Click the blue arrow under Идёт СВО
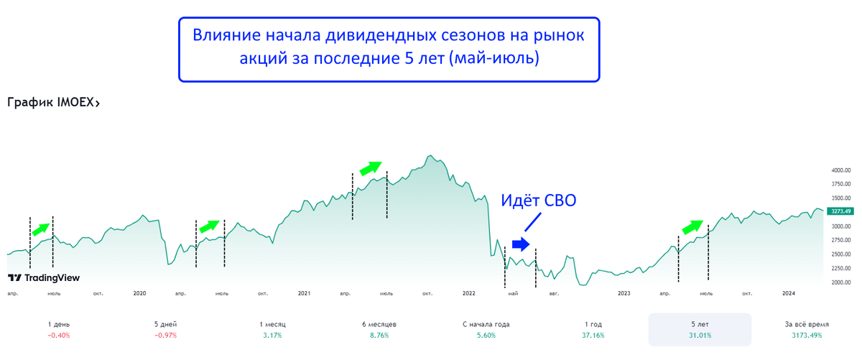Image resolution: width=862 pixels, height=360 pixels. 521,244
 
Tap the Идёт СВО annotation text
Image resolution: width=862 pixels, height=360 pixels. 538,201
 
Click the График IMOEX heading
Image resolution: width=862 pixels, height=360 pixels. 53,103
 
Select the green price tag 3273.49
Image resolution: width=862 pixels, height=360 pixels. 839,211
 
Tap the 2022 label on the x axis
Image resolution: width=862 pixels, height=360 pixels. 469,293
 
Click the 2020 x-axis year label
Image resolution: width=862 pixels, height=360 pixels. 139,293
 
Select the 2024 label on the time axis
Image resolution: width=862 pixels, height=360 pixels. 789,293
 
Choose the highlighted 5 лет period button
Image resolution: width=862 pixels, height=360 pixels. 700,329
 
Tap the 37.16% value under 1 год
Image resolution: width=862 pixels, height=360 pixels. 593,336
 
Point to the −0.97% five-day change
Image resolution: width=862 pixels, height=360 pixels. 165,336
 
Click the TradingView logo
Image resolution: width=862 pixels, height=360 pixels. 44,278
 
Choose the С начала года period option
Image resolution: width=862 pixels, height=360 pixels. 486,324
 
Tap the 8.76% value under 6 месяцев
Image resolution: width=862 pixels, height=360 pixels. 379,336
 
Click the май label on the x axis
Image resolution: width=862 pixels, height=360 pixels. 513,293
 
